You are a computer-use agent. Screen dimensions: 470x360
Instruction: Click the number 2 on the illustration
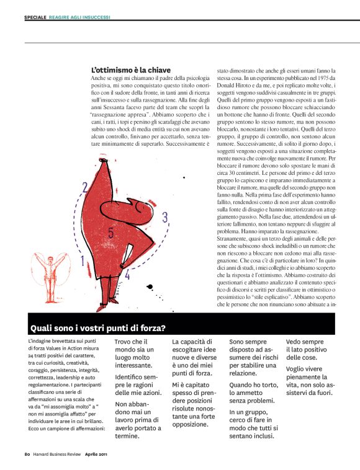point(84,187)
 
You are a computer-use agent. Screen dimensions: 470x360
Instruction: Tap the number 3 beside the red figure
point(164,217)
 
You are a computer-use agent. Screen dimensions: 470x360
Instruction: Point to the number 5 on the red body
point(110,233)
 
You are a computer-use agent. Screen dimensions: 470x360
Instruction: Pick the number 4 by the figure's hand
point(127,273)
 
